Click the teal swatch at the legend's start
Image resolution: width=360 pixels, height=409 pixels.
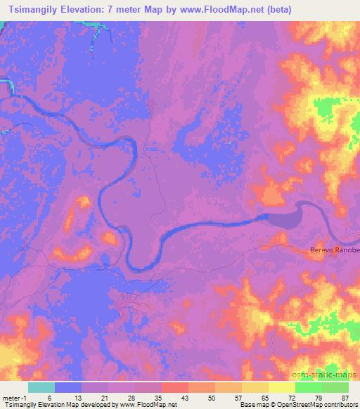(x=41, y=387)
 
